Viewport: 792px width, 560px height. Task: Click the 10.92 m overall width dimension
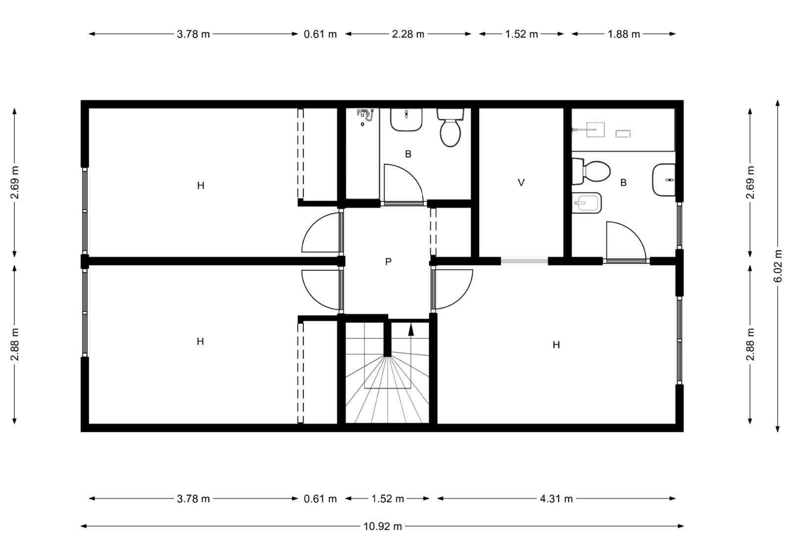383,526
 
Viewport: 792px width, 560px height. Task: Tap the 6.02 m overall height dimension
778,266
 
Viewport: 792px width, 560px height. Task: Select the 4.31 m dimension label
556,499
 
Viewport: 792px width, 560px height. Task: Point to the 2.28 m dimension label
408,34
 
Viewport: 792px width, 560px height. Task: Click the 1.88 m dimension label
624,34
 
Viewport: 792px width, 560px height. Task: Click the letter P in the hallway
388,262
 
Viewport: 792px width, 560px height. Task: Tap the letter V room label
521,183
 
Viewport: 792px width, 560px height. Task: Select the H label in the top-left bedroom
200,186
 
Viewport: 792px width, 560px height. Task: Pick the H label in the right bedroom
556,345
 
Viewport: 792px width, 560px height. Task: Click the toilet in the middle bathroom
450,127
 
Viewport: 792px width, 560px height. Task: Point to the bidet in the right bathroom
587,203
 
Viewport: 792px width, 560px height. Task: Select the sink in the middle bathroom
406,119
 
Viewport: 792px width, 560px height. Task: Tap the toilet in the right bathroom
591,172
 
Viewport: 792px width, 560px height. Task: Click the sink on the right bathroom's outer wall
664,180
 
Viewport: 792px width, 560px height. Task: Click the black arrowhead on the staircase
411,329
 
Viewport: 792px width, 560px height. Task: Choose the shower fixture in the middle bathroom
365,116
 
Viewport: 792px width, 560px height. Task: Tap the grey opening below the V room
524,262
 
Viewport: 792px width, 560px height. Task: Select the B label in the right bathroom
623,183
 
